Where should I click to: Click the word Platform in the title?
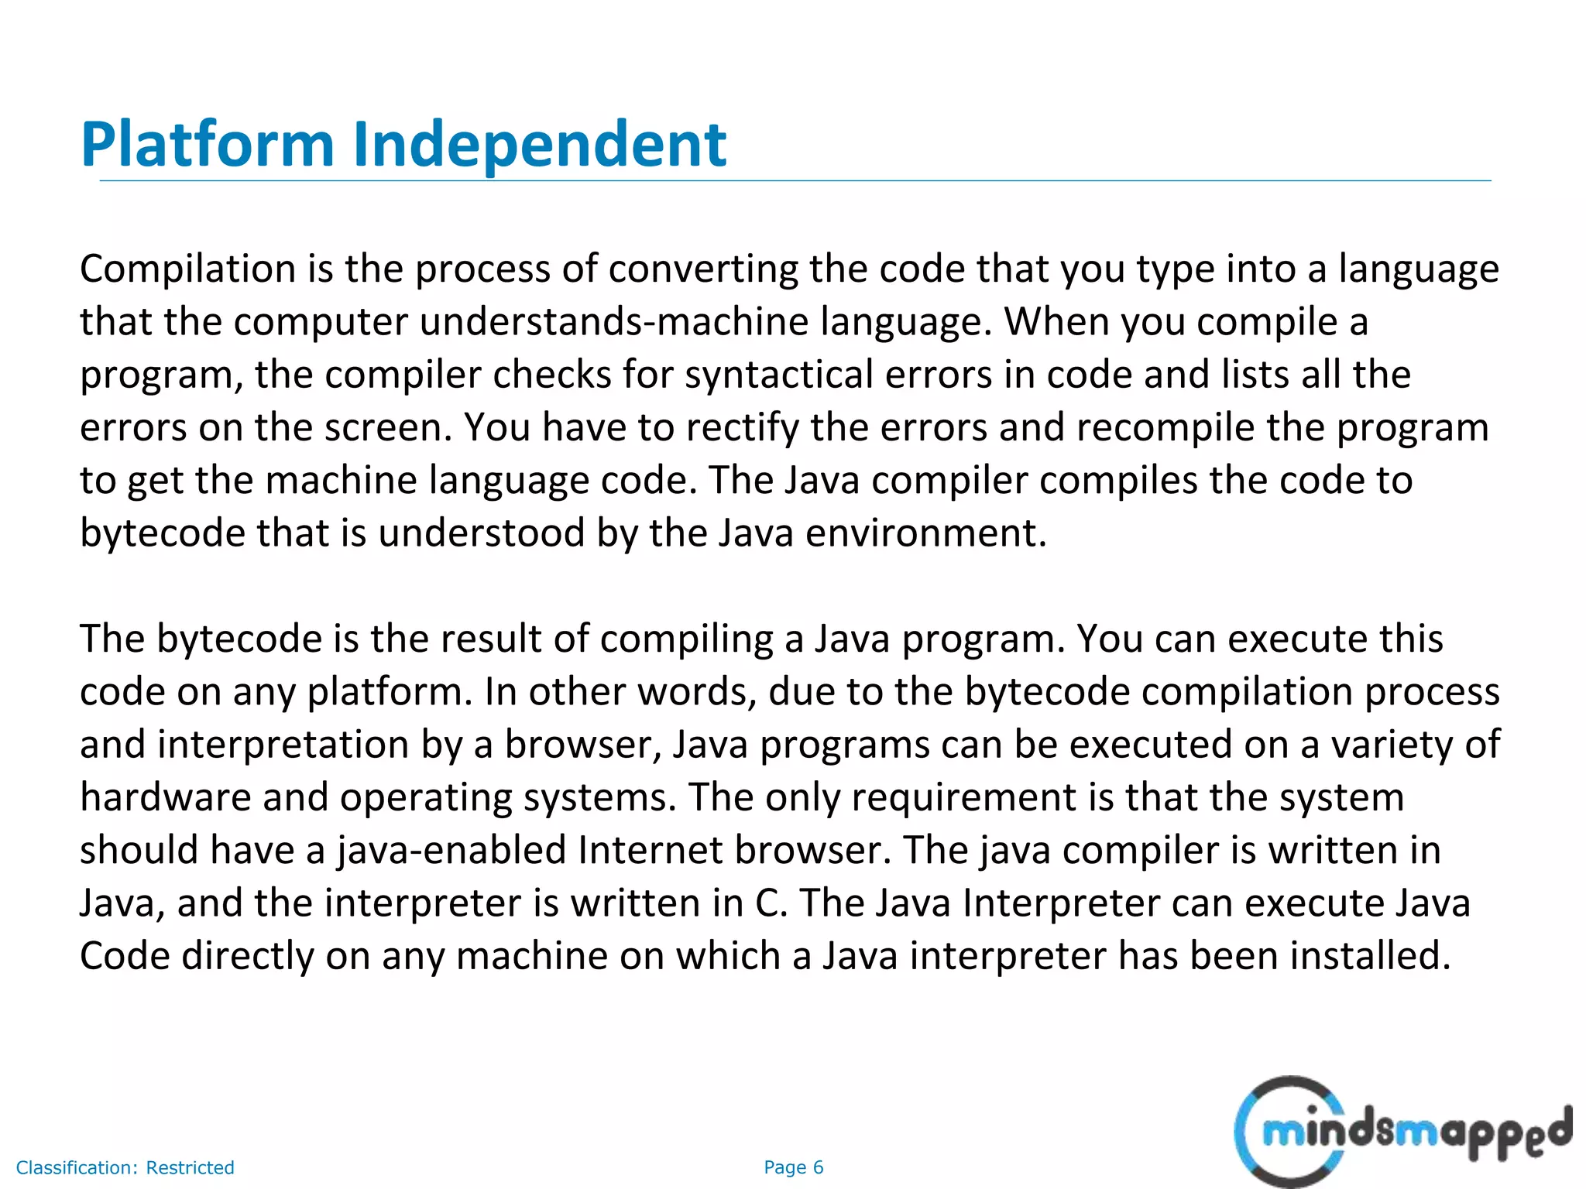click(x=207, y=145)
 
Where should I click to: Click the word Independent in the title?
click(x=539, y=145)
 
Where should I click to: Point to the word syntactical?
click(x=778, y=375)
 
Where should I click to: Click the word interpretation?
click(x=283, y=745)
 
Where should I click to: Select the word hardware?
click(x=165, y=797)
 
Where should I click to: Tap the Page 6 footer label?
click(x=793, y=1167)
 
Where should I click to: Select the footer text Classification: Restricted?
click(x=125, y=1167)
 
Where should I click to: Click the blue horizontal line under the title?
click(x=795, y=181)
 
